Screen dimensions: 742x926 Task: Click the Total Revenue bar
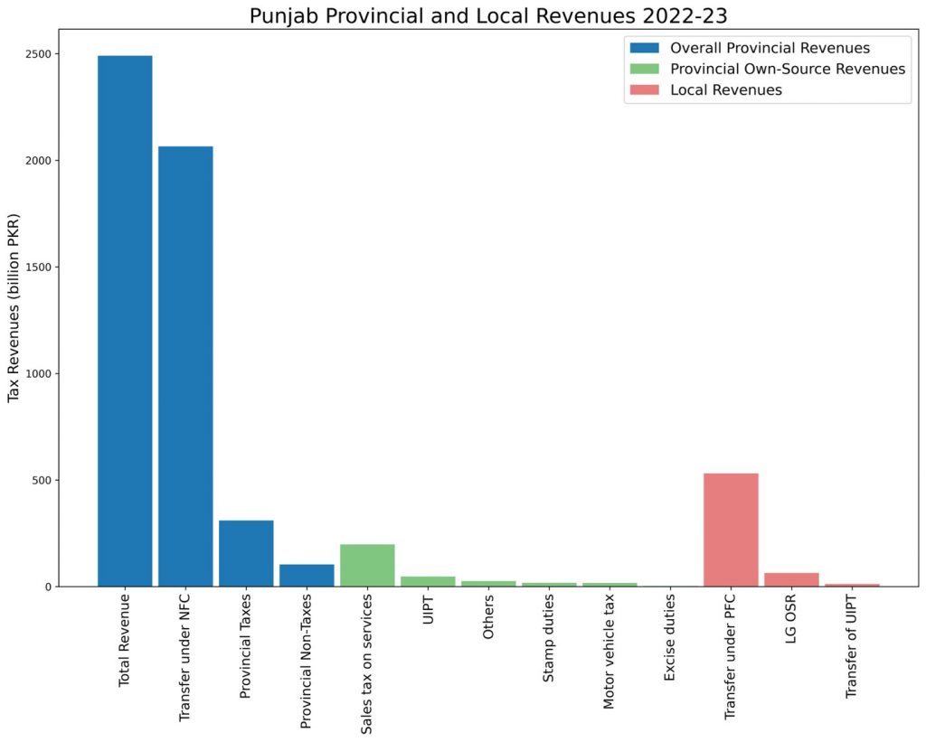click(125, 321)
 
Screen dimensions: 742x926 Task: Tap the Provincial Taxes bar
click(246, 553)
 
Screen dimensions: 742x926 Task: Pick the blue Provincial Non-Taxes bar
click(307, 575)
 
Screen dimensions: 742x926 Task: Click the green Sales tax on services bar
click(367, 565)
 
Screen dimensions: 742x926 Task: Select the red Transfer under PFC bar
click(731, 530)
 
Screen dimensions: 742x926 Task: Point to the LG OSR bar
click(791, 579)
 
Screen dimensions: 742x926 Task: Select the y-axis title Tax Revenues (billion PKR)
click(14, 320)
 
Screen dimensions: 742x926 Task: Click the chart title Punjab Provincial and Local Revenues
click(462, 16)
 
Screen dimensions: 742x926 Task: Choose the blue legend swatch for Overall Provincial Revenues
click(647, 47)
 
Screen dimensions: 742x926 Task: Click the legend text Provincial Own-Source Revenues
click(788, 69)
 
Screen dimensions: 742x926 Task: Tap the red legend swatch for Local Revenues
click(647, 90)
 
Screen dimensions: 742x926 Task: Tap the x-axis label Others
click(488, 619)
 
